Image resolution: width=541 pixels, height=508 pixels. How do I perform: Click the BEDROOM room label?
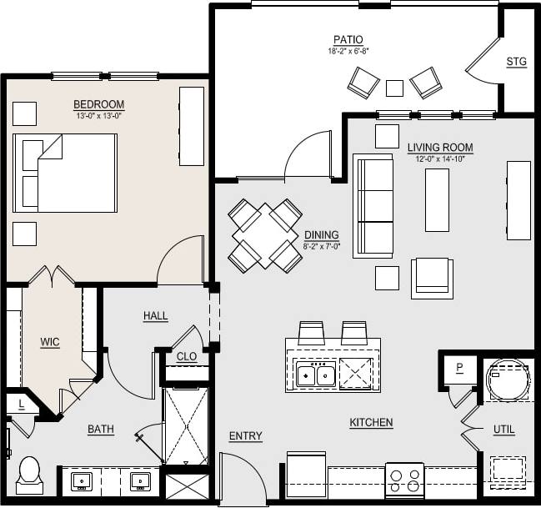98,104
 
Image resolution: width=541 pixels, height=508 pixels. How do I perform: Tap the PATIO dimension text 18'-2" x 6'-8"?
348,52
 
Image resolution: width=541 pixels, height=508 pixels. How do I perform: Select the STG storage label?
516,62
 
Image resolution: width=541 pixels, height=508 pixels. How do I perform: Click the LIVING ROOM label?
439,148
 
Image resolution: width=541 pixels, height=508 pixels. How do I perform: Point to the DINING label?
321,235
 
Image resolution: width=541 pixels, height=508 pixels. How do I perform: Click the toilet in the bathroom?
29,472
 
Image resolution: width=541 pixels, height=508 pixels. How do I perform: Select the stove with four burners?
404,480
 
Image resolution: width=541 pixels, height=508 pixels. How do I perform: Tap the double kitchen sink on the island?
316,375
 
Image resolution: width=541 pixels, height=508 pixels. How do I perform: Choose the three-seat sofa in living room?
373,205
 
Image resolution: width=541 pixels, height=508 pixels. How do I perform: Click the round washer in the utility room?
508,380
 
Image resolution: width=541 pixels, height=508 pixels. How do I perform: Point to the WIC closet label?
50,341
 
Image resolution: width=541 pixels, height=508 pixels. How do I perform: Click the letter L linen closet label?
20,404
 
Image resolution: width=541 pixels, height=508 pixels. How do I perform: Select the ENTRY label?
245,436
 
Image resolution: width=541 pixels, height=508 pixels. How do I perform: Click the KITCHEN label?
371,423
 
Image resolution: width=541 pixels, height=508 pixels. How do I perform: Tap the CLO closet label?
187,356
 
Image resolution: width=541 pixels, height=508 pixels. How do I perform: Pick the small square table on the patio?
394,88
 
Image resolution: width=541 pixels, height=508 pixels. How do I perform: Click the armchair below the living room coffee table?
432,278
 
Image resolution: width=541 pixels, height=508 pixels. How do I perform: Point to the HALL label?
155,316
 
